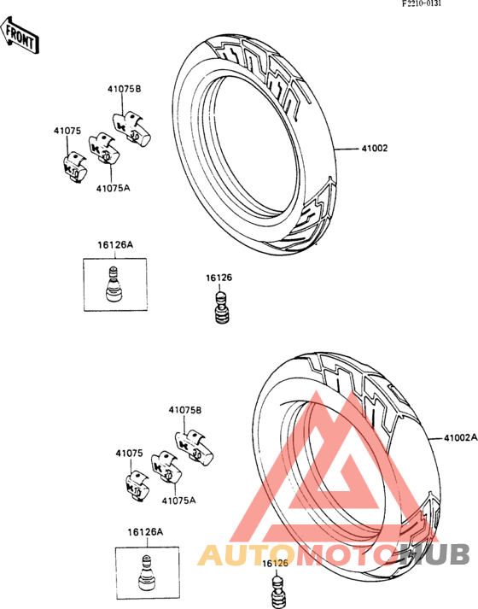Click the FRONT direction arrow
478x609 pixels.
click(20, 36)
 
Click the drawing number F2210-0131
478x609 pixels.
click(422, 4)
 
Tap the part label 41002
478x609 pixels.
click(375, 148)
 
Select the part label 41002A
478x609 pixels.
click(461, 437)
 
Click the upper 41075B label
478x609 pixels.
click(124, 89)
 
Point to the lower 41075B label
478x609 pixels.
click(184, 410)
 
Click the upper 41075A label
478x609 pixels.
click(113, 189)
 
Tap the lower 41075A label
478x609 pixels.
click(178, 501)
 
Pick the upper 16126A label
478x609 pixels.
click(115, 244)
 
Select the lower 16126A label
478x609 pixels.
click(145, 532)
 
